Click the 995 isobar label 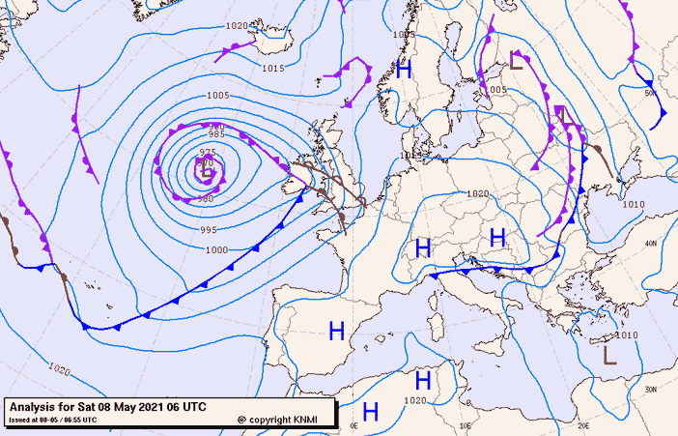pos(209,230)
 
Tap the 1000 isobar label pos(216,250)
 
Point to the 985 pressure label pos(216,134)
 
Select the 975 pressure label pos(208,153)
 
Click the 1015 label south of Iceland pos(273,69)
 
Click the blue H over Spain pos(337,331)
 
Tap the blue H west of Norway pos(404,69)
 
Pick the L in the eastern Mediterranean pos(608,355)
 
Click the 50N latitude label pos(651,94)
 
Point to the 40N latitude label pos(651,243)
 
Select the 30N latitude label pos(651,390)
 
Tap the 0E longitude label pos(354,425)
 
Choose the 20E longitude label pos(582,425)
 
